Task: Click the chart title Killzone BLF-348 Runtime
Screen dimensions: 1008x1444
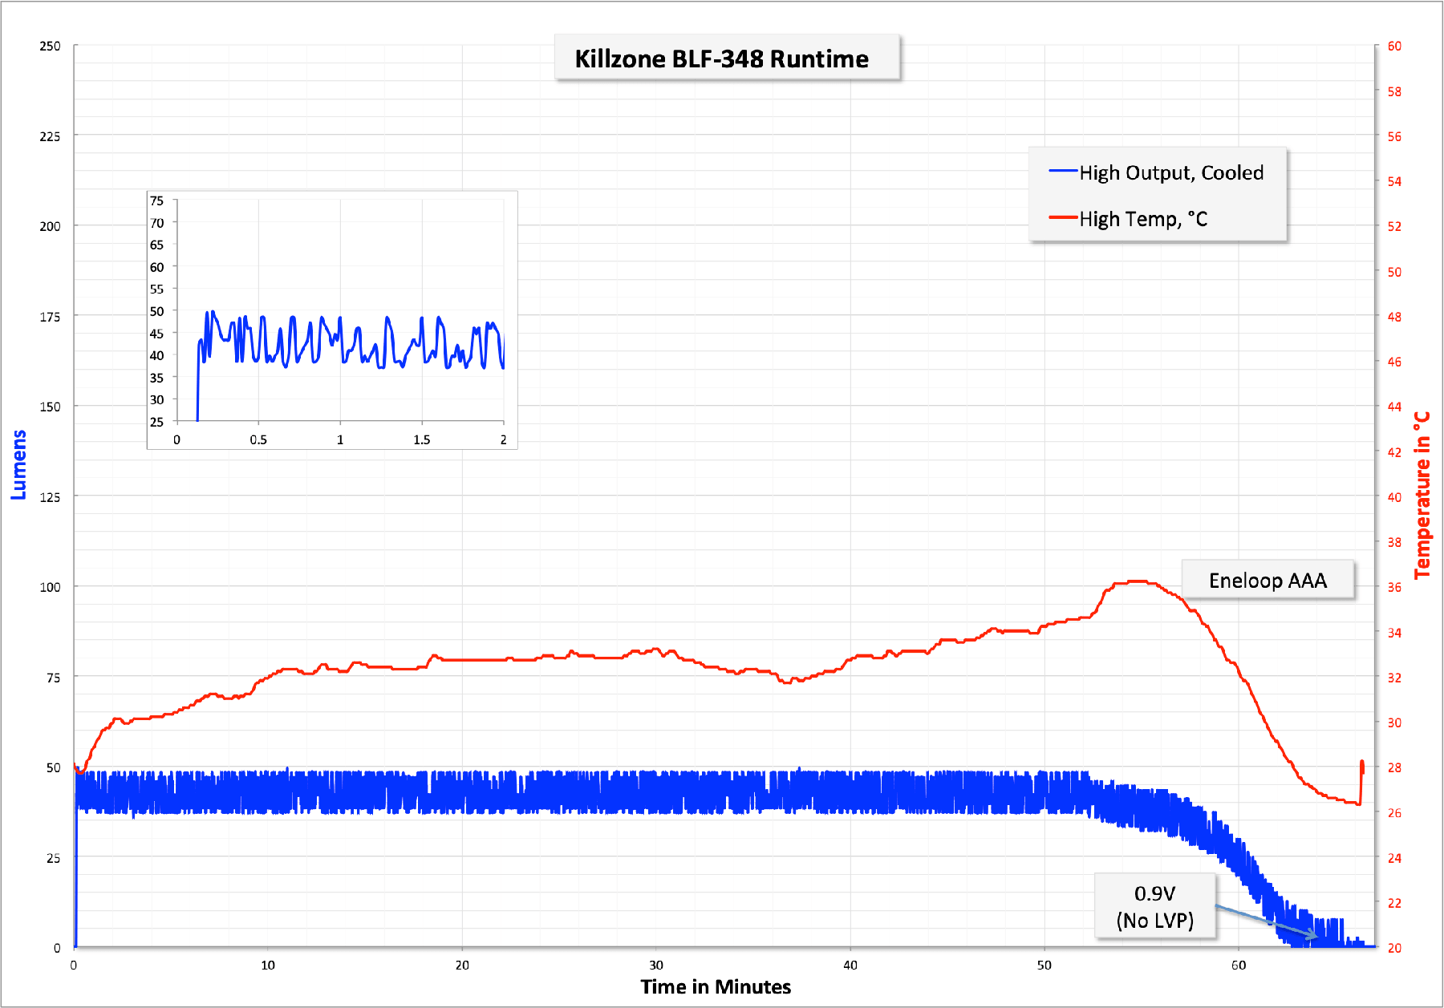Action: (x=721, y=59)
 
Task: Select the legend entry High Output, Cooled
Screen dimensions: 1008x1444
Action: (x=1170, y=172)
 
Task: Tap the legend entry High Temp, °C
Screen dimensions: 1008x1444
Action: (x=1142, y=219)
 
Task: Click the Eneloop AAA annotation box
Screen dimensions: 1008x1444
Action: (x=1268, y=581)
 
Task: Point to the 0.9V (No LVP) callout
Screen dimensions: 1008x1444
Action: (x=1154, y=907)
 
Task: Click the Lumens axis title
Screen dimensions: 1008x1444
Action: (x=18, y=464)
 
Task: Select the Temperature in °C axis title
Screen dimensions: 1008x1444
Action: (x=1422, y=495)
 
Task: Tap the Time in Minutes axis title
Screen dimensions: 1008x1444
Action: (x=716, y=986)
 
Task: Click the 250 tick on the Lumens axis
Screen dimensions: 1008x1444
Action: (x=50, y=47)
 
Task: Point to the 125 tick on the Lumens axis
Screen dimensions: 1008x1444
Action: (x=50, y=497)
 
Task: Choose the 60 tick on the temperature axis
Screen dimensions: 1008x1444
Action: (x=1394, y=47)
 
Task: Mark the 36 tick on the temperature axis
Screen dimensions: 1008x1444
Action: (x=1394, y=587)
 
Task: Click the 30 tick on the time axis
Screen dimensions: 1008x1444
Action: (x=656, y=965)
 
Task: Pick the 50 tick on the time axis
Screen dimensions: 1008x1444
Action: (x=1044, y=965)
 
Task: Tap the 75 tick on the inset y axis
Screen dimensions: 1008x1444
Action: (x=156, y=200)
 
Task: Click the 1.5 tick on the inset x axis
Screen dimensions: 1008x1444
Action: (x=422, y=439)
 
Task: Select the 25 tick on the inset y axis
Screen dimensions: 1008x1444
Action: (x=156, y=422)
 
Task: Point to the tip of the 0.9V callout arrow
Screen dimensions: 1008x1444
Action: (x=1316, y=937)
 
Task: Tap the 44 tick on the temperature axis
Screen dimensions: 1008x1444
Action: (x=1394, y=407)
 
